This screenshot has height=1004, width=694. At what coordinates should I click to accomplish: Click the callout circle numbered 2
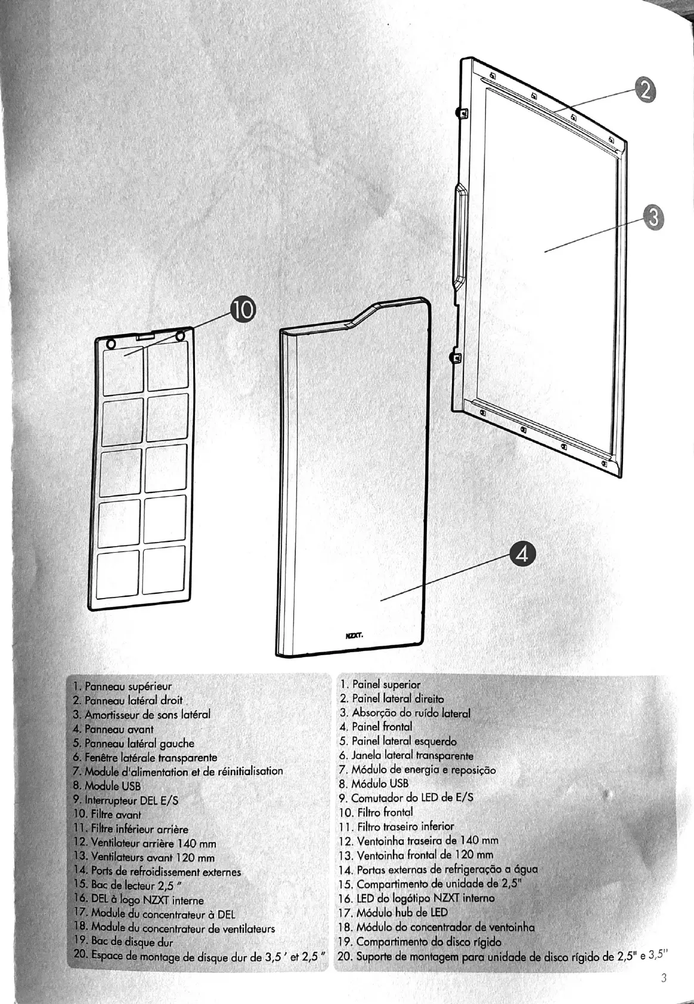click(x=644, y=91)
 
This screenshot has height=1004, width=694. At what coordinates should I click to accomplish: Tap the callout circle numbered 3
click(x=653, y=218)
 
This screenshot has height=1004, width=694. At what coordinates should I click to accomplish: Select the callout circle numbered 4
click(x=522, y=555)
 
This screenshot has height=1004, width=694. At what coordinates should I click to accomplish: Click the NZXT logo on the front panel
click(x=354, y=636)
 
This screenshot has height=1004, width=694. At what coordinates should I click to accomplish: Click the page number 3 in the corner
click(x=664, y=978)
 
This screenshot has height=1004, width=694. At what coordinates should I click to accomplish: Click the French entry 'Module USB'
click(x=106, y=786)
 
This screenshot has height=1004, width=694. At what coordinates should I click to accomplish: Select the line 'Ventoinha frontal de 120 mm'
click(x=416, y=855)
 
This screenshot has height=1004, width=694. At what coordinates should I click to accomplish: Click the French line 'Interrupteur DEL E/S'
click(x=125, y=800)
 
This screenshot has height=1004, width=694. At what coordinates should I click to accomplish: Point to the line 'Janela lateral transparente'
click(x=405, y=756)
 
